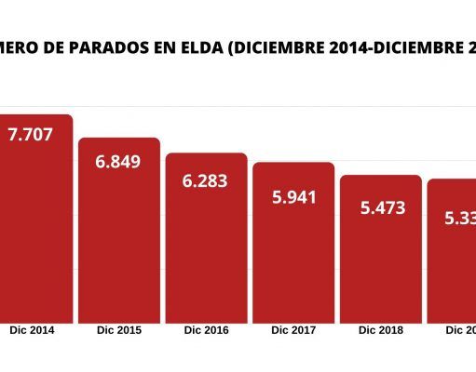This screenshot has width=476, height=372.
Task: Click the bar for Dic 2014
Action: [35, 232]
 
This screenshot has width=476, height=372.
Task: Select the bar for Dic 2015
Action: [118, 242]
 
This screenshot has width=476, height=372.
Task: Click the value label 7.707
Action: [30, 135]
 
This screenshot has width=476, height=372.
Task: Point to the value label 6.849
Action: [118, 162]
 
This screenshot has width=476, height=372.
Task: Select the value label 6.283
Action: [206, 178]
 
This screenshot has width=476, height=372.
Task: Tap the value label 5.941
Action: [293, 196]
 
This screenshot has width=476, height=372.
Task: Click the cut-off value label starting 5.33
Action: [459, 219]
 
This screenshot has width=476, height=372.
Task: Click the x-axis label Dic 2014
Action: [32, 330]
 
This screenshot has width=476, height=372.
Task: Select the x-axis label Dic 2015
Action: [118, 330]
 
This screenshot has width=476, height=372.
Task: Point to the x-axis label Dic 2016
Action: [206, 330]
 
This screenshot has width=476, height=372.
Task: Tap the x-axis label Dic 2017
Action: [293, 330]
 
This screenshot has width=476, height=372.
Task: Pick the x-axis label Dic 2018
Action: [381, 330]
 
